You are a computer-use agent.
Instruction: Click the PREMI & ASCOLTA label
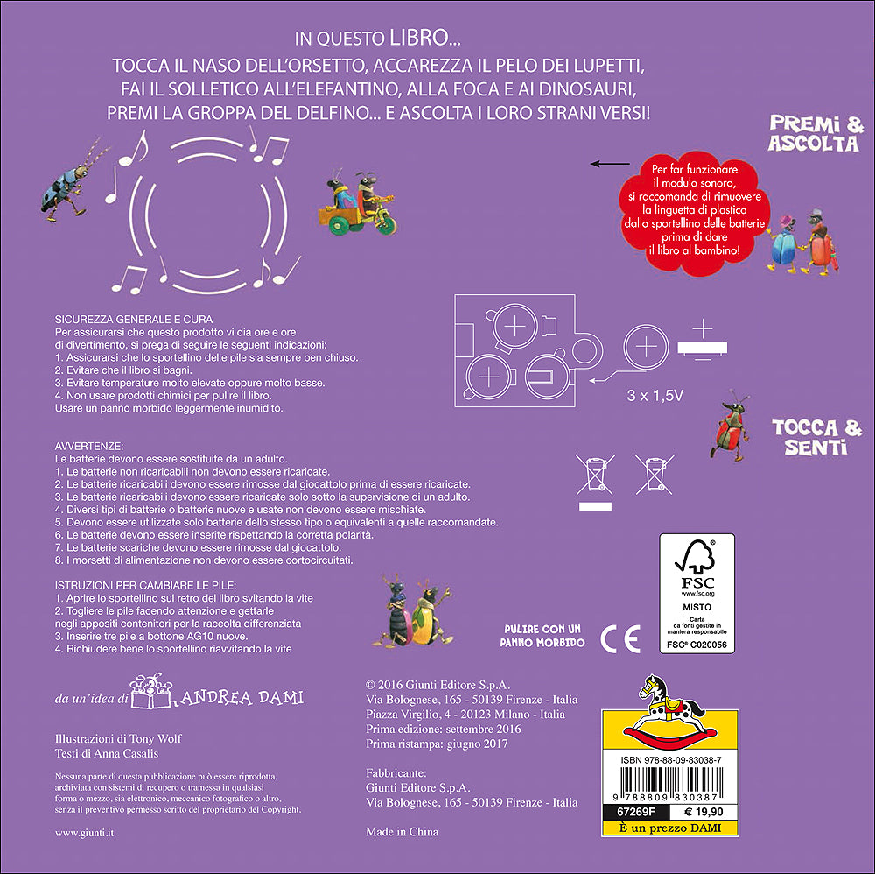click(815, 134)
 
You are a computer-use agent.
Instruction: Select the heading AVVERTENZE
click(89, 446)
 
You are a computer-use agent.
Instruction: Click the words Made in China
click(402, 832)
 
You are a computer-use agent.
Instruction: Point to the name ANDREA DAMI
click(249, 697)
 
